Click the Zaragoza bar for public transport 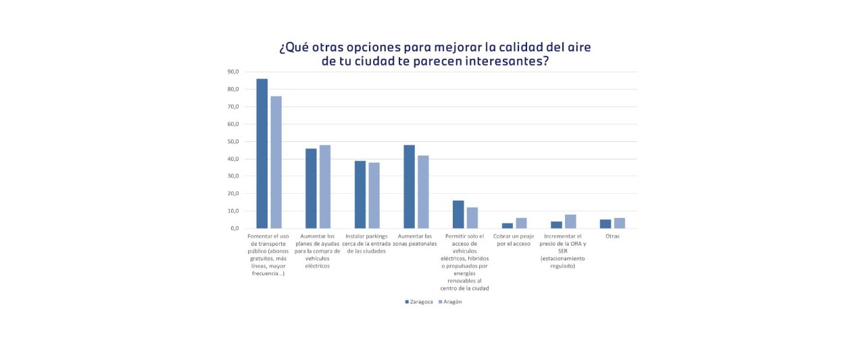262,153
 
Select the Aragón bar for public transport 276,162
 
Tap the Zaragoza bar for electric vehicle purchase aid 311,188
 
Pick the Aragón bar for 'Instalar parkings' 374,195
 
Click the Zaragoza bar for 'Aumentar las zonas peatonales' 409,186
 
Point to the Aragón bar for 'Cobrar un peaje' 521,223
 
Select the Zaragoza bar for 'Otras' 605,224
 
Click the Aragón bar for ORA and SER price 570,222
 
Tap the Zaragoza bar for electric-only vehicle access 458,214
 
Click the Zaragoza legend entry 419,302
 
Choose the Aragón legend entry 451,302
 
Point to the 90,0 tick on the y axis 232,72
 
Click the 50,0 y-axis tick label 232,141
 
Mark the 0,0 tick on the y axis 234,228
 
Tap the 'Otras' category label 612,236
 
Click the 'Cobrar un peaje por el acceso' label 512,240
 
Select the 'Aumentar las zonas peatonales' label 416,240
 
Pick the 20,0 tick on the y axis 232,194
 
